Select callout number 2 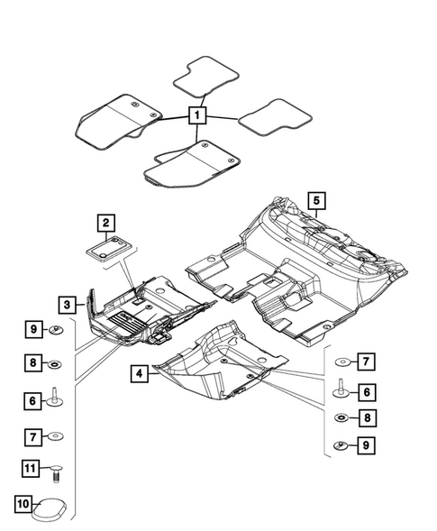[x=105, y=222]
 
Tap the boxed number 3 [x=68, y=304]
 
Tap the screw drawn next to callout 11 [x=56, y=469]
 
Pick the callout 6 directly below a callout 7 [x=367, y=390]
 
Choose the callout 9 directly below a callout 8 [x=367, y=445]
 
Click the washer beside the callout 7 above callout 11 [x=56, y=437]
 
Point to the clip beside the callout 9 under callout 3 [x=56, y=331]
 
